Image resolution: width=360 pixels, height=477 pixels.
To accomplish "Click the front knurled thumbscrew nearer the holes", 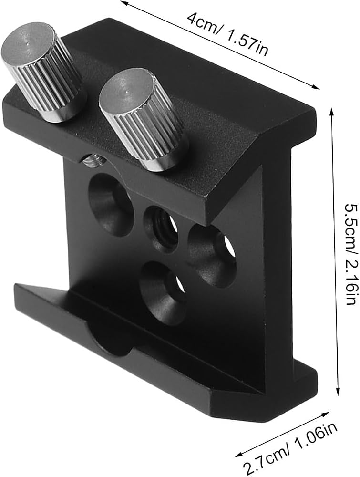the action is click(142, 119).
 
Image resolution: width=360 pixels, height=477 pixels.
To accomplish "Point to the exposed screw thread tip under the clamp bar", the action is click(93, 161).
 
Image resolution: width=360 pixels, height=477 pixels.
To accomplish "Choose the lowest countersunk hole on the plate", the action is click(163, 289).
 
